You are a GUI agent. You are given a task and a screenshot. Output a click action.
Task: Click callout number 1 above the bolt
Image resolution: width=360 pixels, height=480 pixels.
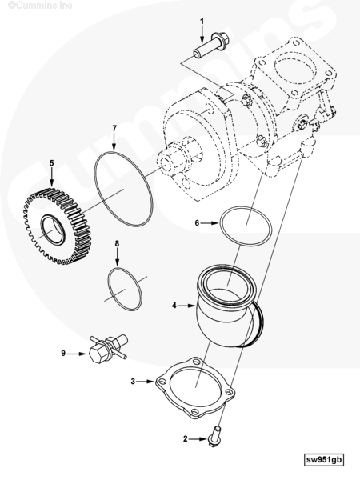[202, 21]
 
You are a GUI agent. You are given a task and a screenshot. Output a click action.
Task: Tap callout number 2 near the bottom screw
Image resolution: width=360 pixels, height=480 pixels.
[186, 438]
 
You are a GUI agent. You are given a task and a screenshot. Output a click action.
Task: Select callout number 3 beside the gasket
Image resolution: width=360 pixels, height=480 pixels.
[133, 382]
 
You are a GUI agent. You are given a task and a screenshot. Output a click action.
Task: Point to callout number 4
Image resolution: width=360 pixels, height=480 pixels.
[174, 306]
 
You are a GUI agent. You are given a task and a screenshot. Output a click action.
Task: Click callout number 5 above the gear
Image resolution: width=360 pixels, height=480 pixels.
[51, 163]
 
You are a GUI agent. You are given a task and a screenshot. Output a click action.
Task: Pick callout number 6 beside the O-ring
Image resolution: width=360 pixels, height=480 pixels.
[197, 223]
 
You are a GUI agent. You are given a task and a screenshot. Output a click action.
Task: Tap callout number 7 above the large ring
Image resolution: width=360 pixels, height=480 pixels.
[114, 128]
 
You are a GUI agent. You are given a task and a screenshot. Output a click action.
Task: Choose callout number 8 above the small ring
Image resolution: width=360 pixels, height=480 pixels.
[117, 243]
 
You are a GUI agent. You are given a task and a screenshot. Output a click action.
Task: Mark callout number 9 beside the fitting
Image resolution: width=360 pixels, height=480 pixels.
[63, 354]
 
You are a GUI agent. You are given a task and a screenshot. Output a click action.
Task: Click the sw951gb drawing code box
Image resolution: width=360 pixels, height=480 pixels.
[324, 459]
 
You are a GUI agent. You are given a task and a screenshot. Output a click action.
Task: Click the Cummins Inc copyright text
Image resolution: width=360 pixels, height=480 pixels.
[40, 6]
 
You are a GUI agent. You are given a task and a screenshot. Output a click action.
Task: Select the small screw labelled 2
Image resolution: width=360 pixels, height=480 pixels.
[214, 436]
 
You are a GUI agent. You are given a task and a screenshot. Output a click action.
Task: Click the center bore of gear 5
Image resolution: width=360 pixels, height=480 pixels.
[53, 230]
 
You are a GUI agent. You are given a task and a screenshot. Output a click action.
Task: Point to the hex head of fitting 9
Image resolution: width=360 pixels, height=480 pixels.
[97, 354]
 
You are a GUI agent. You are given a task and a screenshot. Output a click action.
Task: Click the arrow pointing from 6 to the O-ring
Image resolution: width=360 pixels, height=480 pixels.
[210, 223]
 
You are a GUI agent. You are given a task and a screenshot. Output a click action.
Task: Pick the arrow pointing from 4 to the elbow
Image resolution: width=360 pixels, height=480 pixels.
[187, 306]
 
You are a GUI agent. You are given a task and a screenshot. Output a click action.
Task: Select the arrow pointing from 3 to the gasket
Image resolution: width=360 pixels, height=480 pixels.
[146, 382]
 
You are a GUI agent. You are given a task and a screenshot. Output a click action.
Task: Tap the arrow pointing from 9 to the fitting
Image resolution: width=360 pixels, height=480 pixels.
[77, 354]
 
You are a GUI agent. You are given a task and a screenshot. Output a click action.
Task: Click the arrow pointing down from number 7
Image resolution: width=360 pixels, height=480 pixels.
[114, 142]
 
